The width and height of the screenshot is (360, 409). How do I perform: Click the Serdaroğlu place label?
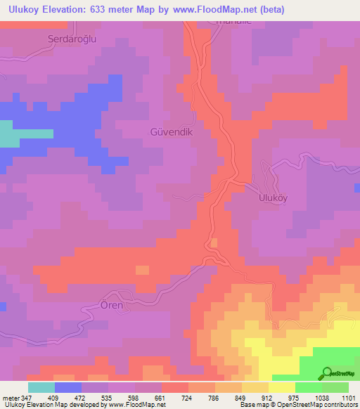[x=71, y=39]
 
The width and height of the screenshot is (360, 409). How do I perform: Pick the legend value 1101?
[x=349, y=397]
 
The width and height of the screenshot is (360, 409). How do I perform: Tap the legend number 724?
[x=188, y=397]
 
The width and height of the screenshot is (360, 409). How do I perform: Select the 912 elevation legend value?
[x=269, y=397]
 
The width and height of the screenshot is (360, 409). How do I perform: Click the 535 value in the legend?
[x=108, y=397]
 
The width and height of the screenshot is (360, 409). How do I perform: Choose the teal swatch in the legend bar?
[x=41, y=387]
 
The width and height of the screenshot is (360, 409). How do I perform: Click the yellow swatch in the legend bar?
[x=282, y=387]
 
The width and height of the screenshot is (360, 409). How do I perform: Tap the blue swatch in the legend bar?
[x=67, y=387]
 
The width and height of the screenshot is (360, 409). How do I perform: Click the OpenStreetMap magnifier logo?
[x=327, y=373]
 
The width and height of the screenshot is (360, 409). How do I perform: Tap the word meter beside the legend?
[x=8, y=397]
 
